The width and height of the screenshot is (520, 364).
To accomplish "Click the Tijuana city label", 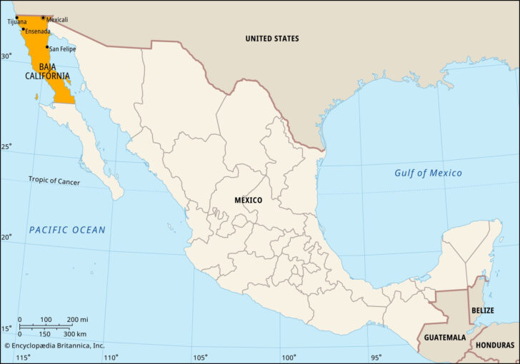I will (x=17, y=22).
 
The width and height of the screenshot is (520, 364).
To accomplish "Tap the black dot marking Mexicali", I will (x=43, y=18).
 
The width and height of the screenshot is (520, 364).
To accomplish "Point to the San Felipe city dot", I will (x=48, y=47).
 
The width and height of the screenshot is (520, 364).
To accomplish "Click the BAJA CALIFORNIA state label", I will (x=48, y=71).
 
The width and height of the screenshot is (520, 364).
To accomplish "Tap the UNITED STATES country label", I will (x=271, y=39).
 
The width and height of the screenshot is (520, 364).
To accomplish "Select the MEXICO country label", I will (x=248, y=201).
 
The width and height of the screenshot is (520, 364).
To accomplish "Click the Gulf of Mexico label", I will (x=428, y=173).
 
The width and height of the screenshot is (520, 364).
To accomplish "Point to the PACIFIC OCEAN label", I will (x=67, y=230).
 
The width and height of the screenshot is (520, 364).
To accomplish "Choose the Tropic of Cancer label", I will (x=54, y=181).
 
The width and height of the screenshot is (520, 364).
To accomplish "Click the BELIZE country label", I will (x=483, y=310).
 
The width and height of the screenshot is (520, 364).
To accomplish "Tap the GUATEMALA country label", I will (x=445, y=337).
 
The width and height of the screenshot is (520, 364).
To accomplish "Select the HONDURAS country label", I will (x=494, y=345).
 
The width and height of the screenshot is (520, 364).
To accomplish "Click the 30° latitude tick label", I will (x=6, y=56).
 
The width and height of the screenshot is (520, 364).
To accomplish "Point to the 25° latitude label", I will (x=6, y=147).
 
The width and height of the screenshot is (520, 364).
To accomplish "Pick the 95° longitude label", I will (x=376, y=358).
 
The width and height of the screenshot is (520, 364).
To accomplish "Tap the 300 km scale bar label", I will (x=75, y=334).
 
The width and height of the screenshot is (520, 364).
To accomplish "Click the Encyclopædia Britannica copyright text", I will (x=54, y=345).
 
